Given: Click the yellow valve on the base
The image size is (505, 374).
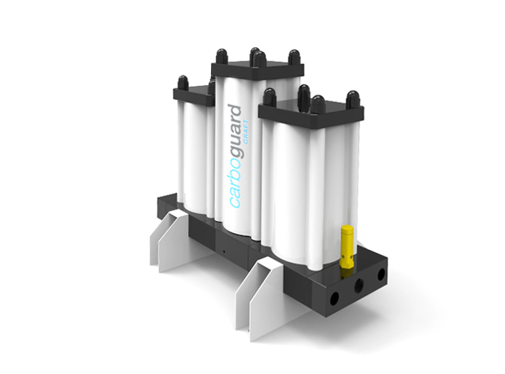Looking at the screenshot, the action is point(347,246).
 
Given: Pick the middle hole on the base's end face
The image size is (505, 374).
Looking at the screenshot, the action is point(359,285).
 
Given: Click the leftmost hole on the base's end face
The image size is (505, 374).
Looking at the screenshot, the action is point(335,297).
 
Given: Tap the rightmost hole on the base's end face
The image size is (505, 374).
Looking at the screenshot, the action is point(381,274).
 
